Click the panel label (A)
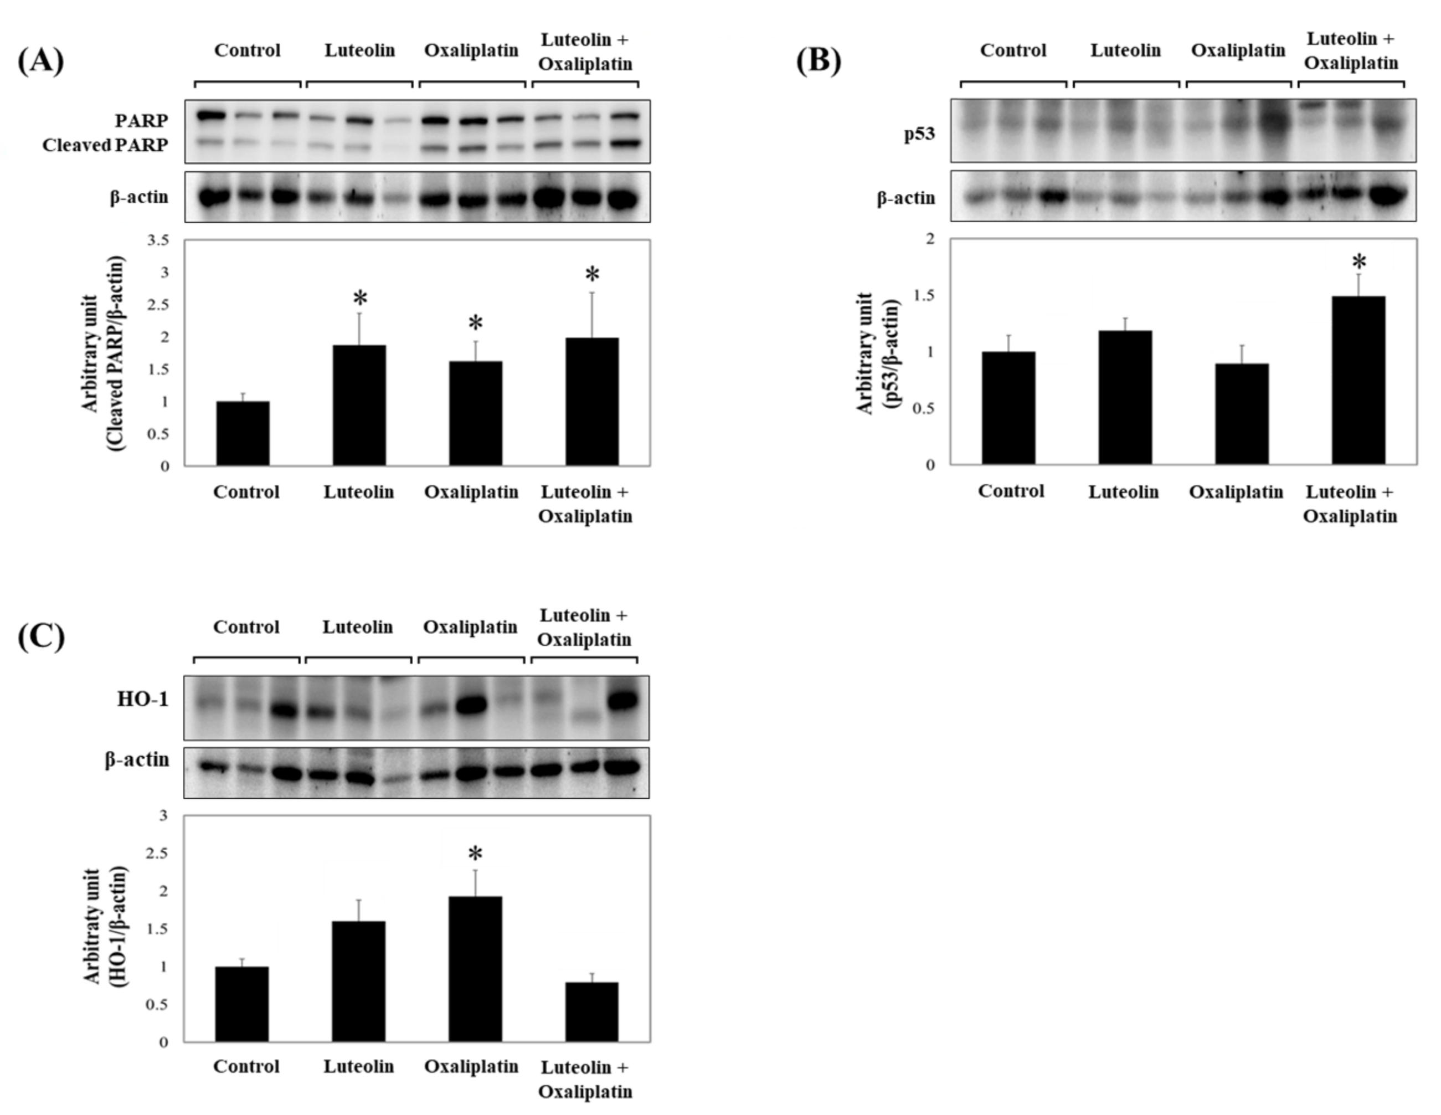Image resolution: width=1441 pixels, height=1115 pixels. coord(40,61)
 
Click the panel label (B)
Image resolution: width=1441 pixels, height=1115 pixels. coord(819,61)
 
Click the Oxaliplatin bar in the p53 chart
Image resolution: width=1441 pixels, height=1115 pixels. coord(1241,414)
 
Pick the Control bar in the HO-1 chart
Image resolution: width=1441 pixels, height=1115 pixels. coord(242,1004)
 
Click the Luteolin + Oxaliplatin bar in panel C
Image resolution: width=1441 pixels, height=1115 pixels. coord(592,1011)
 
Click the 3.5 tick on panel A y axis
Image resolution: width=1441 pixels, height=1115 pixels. coord(158,240)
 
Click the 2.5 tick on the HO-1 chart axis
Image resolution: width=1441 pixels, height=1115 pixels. coord(156,854)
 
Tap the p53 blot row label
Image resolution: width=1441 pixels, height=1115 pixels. coord(919,134)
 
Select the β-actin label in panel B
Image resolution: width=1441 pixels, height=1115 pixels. coord(906,198)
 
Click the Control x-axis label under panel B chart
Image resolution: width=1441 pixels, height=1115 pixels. coord(1011,491)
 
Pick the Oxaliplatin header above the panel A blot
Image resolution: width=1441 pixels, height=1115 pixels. coord(471,51)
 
